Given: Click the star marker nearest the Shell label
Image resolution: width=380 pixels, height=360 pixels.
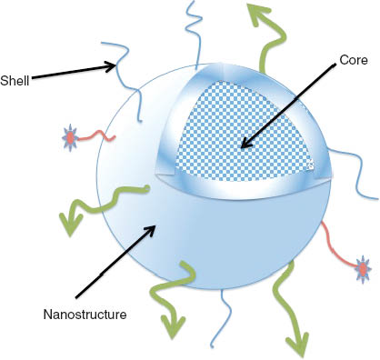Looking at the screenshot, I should [70, 138].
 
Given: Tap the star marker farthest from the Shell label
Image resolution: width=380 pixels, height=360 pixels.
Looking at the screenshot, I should [363, 269].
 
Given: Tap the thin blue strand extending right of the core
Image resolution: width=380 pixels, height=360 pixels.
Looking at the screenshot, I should [355, 177].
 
